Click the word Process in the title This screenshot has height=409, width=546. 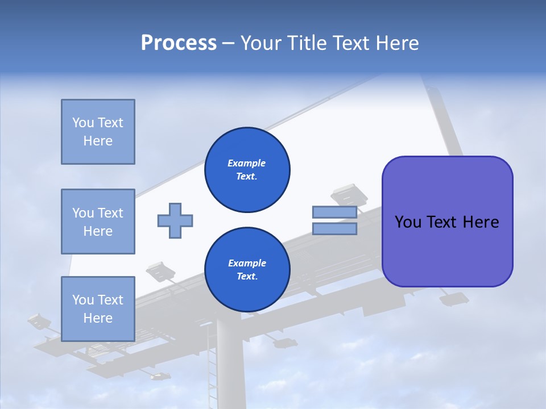179,43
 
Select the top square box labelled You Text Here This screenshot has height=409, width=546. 98,132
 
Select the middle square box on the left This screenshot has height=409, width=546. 98,222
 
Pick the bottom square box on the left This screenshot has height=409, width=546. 98,309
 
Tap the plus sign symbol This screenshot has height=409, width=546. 175,220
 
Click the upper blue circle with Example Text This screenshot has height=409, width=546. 247,169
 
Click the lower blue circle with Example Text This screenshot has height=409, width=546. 247,269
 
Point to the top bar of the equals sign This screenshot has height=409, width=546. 334,212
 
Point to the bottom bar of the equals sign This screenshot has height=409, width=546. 334,228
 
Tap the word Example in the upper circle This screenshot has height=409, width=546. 247,163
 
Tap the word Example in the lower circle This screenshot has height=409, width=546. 247,263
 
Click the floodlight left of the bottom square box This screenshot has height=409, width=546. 39,321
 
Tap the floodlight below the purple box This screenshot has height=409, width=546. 454,298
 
